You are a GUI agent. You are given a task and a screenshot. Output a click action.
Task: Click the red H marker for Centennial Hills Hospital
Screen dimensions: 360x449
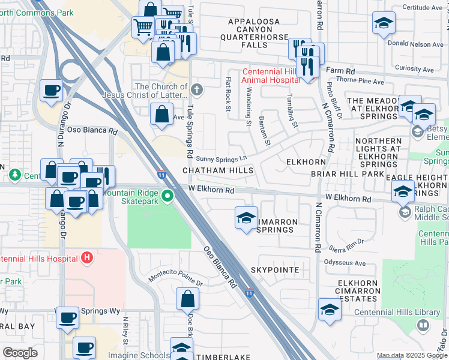[x=87, y=258]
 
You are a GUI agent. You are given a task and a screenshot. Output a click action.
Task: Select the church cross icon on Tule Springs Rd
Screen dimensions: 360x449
[x=197, y=91]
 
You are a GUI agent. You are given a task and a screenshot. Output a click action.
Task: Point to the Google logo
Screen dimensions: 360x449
[x=20, y=353]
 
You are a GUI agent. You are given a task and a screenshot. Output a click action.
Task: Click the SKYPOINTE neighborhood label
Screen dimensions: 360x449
[x=275, y=270]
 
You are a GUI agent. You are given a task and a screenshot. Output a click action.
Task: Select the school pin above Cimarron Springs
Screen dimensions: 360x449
[x=246, y=218]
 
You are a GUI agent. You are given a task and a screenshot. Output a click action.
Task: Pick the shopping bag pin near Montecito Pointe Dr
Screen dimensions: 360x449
[x=188, y=299]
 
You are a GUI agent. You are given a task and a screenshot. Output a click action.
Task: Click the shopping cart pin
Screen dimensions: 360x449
[x=143, y=28]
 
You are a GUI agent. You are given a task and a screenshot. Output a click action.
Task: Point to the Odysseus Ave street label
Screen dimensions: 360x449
[x=345, y=263]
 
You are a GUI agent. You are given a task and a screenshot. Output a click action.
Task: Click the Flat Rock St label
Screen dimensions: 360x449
[x=228, y=94]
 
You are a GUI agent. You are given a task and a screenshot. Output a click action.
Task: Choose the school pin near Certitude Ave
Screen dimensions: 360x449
[x=383, y=23]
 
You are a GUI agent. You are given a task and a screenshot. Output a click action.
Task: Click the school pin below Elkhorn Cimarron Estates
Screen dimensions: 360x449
[x=330, y=310]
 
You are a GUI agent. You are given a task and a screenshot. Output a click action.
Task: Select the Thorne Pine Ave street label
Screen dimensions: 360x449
[x=360, y=81]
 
